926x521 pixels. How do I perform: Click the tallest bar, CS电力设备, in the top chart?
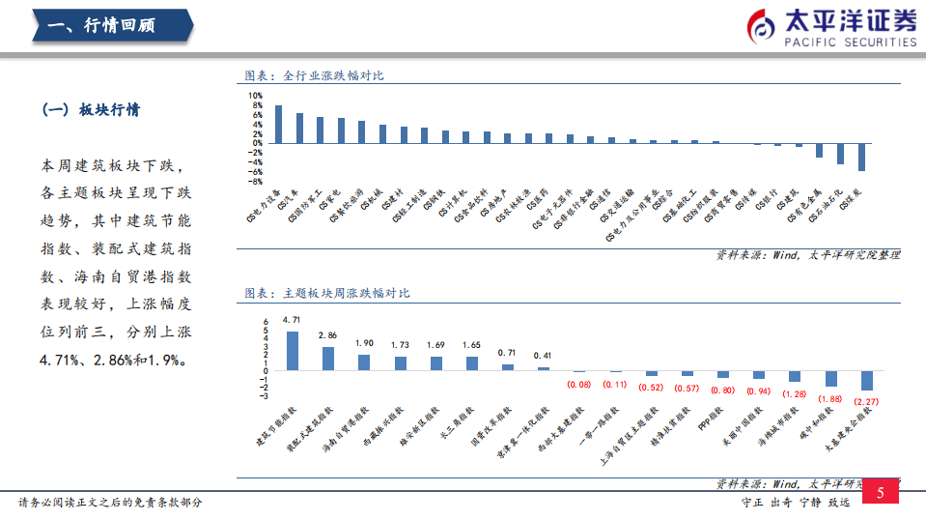tap(279, 124)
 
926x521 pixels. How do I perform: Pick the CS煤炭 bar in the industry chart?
tap(861, 157)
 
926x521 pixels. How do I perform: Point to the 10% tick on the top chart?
tap(257, 96)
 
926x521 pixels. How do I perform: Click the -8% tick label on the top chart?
tap(257, 181)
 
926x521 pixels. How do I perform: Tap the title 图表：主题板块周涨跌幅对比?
tap(327, 293)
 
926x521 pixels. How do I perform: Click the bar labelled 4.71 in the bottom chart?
tap(293, 351)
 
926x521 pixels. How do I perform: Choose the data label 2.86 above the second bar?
tap(328, 335)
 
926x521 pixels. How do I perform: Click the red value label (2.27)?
tap(866, 403)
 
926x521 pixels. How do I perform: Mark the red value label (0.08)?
tap(578, 384)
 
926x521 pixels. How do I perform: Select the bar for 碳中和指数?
tap(830, 378)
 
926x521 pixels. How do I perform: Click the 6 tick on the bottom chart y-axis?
tap(265, 322)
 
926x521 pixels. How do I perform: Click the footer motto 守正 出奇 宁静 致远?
tap(795, 503)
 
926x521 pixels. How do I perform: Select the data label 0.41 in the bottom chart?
tap(543, 356)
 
